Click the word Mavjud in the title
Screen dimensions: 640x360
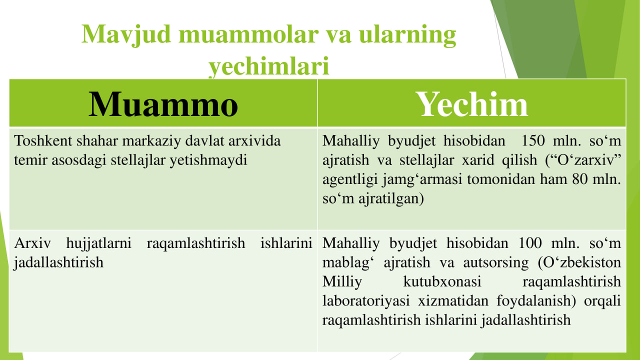[x=126, y=35]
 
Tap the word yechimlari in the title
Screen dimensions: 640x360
[x=269, y=66]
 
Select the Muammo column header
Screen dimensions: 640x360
[x=163, y=104]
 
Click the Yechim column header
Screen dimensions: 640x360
[x=471, y=104]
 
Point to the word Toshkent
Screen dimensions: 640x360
[x=43, y=140]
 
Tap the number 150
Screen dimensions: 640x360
[x=533, y=140]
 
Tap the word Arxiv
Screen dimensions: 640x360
[x=32, y=243]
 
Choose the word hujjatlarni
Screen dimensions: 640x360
[x=99, y=243]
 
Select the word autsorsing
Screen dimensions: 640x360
[x=496, y=263]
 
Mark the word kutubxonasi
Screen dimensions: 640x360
[x=442, y=281]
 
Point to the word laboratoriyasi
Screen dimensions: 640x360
[x=366, y=301]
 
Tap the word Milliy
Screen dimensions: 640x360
[x=342, y=282]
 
